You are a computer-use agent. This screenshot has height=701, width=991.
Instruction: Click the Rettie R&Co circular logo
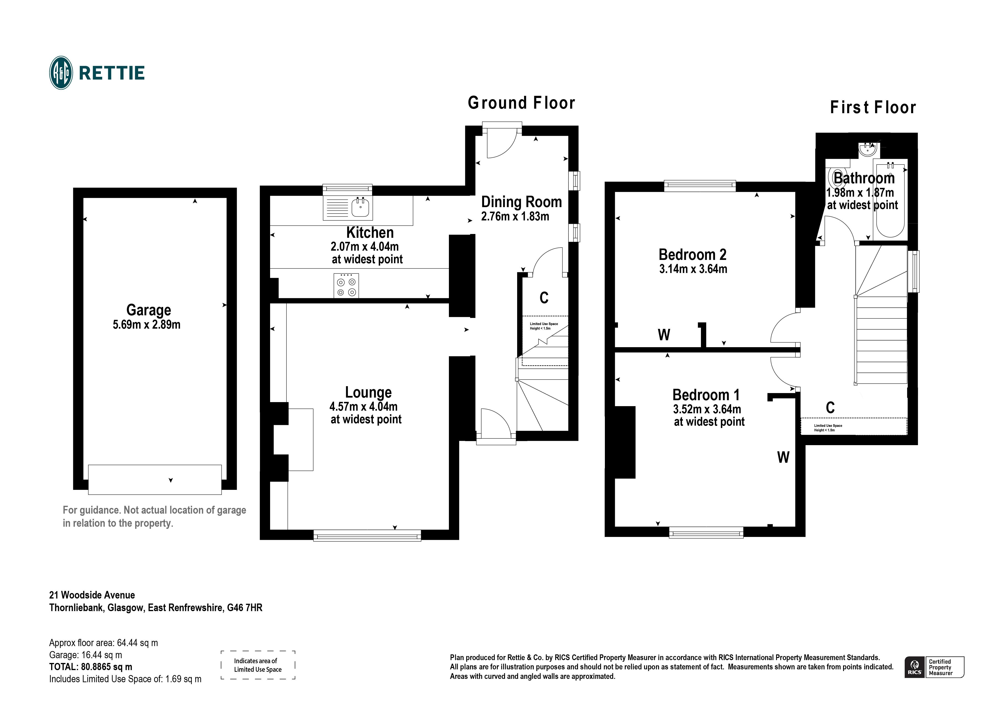61,73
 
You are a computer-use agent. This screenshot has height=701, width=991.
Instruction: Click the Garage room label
148,310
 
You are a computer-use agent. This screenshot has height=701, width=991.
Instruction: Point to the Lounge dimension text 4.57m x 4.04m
364,406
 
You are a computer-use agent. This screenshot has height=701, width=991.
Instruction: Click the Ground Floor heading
521,103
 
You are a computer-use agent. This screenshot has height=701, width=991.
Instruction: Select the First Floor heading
873,107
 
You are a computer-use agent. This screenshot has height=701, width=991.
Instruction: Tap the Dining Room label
521,202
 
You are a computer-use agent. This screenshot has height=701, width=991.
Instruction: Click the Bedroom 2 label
692,255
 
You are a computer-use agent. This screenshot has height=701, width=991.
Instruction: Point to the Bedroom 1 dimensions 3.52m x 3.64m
707,409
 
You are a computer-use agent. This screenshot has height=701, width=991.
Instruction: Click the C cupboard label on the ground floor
544,297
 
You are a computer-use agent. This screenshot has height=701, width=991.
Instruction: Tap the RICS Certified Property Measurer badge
934,667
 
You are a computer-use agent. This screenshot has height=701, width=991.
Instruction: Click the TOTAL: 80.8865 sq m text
91,667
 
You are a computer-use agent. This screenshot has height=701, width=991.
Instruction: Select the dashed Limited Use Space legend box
258,665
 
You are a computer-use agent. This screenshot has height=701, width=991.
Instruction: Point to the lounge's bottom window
367,535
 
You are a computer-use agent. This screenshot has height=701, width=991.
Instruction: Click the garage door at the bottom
155,479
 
